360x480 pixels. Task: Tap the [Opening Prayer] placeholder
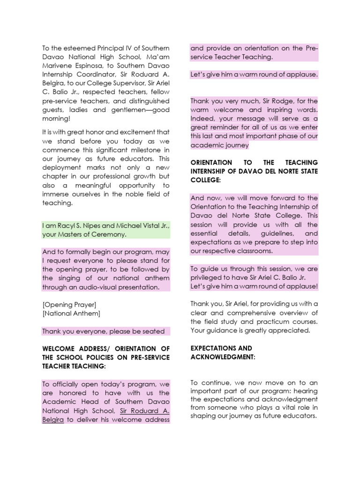(x=69, y=305)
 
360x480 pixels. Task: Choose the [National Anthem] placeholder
(x=71, y=313)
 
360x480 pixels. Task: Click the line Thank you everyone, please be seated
(x=103, y=331)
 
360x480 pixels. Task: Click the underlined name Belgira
(x=52, y=420)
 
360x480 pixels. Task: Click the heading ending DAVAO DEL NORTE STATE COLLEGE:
(x=254, y=171)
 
